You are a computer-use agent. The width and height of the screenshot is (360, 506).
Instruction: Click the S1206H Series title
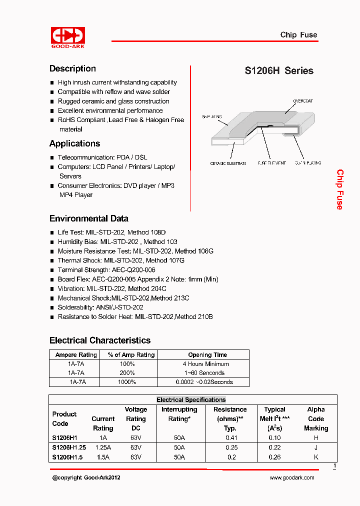click(278, 71)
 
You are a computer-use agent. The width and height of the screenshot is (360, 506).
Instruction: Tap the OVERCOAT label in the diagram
click(303, 101)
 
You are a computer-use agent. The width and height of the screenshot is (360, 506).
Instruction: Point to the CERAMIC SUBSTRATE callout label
click(228, 163)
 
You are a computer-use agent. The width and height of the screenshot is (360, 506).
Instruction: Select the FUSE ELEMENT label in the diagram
click(272, 163)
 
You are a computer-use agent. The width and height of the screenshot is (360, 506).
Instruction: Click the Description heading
click(72, 69)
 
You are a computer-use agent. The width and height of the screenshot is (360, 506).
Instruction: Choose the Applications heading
click(74, 144)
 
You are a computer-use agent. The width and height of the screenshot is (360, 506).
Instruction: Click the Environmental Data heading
click(88, 218)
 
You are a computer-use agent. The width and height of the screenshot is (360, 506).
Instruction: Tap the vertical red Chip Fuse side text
click(340, 189)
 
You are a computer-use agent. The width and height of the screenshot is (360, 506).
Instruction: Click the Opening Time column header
click(207, 355)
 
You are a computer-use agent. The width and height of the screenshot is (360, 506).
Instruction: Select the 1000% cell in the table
click(127, 382)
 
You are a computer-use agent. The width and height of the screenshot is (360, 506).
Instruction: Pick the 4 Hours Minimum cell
click(205, 364)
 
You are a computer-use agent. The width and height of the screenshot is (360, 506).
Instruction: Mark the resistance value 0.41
click(231, 438)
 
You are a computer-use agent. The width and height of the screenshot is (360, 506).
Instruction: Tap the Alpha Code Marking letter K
click(316, 457)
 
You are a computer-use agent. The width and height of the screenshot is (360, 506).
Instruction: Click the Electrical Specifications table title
click(191, 400)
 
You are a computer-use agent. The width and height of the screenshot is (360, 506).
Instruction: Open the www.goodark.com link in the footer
click(292, 478)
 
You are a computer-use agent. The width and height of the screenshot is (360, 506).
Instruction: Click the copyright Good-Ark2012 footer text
click(86, 478)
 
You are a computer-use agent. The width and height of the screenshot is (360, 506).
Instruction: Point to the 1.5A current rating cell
click(103, 457)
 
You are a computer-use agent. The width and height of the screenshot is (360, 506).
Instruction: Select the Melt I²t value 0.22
click(274, 447)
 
